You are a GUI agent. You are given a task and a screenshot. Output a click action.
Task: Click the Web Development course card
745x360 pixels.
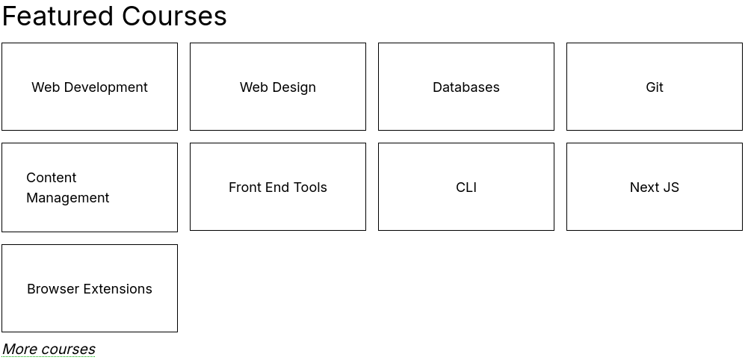click(90, 87)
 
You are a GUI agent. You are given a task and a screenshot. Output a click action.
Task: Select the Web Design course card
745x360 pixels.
click(278, 87)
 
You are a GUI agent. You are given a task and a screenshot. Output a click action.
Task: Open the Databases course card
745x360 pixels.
click(466, 87)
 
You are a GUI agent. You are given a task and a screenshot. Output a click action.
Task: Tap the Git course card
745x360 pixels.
click(655, 87)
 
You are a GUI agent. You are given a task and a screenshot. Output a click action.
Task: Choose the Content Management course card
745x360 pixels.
click(90, 187)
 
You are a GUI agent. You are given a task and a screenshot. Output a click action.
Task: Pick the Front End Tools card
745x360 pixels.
click(278, 187)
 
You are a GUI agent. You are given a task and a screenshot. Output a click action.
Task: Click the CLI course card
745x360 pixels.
click(466, 187)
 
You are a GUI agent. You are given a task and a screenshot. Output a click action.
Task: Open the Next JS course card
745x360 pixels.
click(655, 187)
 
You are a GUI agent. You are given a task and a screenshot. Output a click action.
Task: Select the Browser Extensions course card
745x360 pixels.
click(90, 288)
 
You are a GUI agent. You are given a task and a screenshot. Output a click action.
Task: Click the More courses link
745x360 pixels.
click(49, 349)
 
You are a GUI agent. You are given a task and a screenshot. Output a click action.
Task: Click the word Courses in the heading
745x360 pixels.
click(174, 16)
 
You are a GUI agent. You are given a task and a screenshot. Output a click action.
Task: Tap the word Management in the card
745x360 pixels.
click(67, 198)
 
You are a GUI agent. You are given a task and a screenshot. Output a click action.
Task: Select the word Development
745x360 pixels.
click(105, 87)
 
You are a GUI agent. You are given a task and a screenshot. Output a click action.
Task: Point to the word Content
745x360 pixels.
click(52, 178)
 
